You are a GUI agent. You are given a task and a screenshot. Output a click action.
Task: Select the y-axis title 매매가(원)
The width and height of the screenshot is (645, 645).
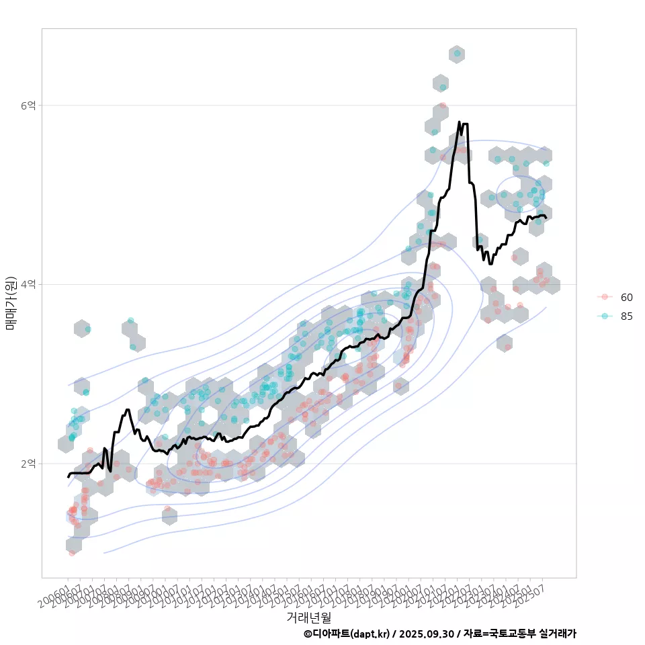11,302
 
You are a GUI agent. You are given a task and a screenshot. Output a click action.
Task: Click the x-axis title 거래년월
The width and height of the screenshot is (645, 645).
308,617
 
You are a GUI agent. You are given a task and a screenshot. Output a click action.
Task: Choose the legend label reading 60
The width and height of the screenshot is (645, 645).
627,297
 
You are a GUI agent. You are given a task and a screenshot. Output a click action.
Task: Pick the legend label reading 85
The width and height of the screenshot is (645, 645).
627,316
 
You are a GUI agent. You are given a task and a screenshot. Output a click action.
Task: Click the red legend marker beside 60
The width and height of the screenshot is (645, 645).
605,297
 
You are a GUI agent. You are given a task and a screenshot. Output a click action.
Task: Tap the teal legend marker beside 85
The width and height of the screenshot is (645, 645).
605,316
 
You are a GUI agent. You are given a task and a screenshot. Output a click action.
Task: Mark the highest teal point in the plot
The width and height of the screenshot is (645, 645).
457,53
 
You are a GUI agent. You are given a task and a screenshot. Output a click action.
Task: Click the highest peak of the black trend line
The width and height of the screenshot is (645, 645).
459,122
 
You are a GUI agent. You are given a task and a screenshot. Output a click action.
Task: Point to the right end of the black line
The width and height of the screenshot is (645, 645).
546,218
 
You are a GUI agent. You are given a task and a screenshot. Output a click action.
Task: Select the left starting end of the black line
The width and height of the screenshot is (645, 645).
68,477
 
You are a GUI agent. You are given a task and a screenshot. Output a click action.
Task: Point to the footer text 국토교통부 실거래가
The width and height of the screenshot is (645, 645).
533,634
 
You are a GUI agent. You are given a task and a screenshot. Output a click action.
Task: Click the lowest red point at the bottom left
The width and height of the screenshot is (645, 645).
72,552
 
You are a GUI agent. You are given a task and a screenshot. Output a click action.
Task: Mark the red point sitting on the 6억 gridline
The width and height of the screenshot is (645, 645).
442,106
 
